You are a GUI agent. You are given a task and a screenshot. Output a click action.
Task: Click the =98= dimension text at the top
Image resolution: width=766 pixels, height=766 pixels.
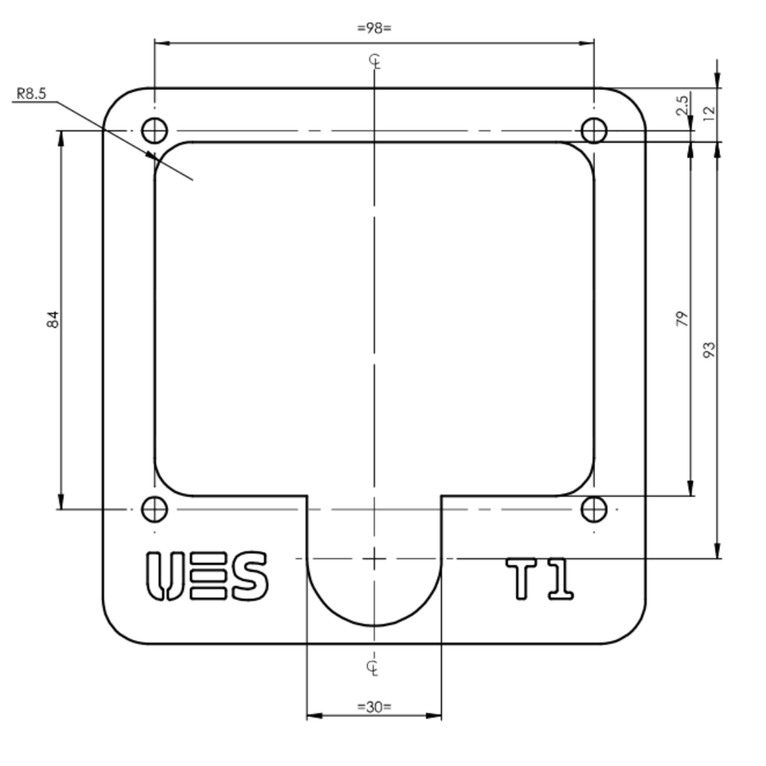click(x=374, y=28)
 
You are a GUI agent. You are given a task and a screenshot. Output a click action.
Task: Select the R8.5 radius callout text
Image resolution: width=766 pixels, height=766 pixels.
click(x=31, y=93)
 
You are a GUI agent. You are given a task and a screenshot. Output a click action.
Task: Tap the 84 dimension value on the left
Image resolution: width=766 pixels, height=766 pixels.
click(x=53, y=319)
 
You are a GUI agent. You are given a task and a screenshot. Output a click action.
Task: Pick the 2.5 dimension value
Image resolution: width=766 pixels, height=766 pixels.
click(x=682, y=105)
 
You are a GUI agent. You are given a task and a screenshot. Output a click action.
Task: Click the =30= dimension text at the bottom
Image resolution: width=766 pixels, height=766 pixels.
click(x=374, y=706)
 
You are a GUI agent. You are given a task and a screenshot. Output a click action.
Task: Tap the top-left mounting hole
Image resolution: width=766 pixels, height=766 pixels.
click(x=155, y=131)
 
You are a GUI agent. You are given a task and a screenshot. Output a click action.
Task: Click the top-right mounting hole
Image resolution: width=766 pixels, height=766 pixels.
click(x=594, y=131)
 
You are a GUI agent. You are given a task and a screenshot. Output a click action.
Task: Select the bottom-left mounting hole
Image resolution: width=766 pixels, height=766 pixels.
click(x=155, y=509)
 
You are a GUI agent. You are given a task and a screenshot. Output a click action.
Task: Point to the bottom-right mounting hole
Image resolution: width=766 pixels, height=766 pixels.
click(x=594, y=509)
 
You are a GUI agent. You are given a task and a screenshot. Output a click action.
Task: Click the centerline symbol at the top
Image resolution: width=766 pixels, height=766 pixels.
click(x=375, y=62)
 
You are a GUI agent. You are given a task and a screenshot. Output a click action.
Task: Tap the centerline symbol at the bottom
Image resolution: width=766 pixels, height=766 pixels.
click(x=372, y=666)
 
